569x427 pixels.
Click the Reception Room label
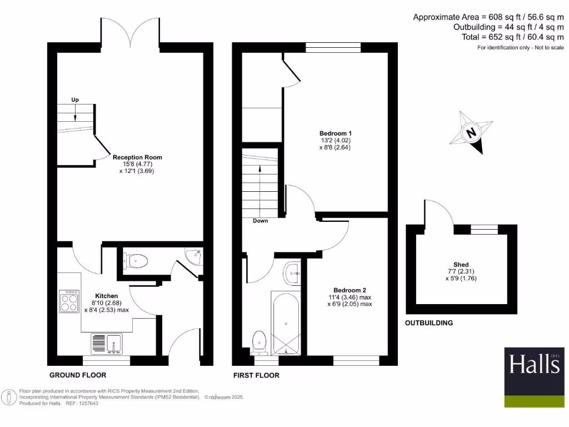pyautogui.click(x=129, y=157)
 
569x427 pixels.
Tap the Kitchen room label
pyautogui.click(x=106, y=296)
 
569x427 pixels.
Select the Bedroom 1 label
pyautogui.click(x=335, y=133)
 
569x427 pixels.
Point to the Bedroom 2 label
pyautogui.click(x=350, y=290)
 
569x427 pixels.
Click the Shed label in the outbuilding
pyautogui.click(x=461, y=265)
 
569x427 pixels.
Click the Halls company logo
pyautogui.click(x=534, y=364)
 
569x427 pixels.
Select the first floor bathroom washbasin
pyautogui.click(x=291, y=273)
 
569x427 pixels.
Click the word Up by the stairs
pyautogui.click(x=75, y=100)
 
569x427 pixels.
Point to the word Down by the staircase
pyautogui.click(x=260, y=221)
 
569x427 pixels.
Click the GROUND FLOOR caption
pyautogui.click(x=78, y=375)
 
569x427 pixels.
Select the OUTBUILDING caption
pyautogui.click(x=428, y=323)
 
